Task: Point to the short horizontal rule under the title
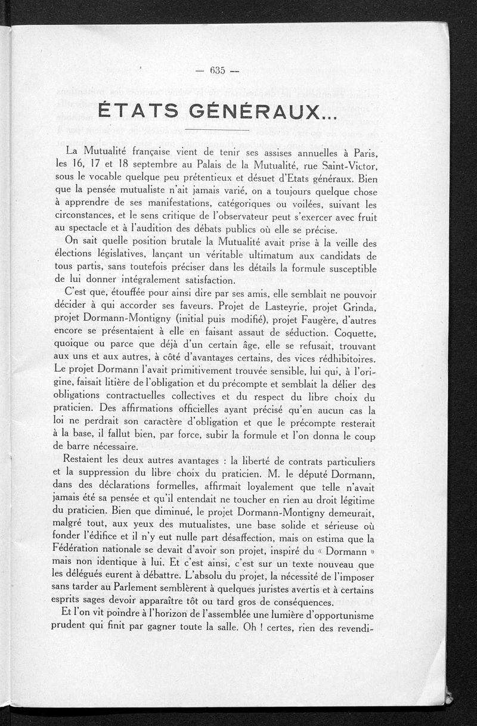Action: (217, 129)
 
